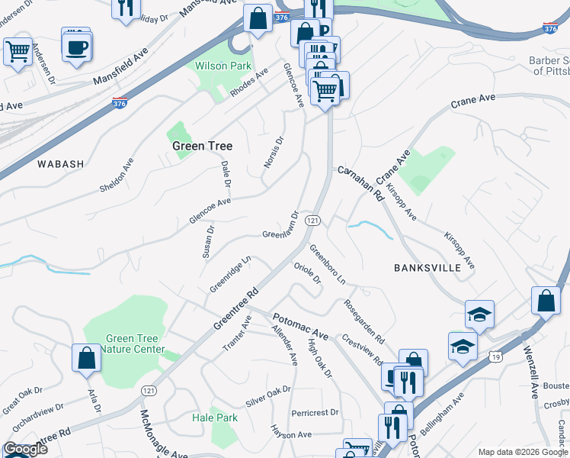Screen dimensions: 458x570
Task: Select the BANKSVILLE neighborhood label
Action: click(427, 268)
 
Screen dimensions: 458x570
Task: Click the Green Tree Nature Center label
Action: click(135, 344)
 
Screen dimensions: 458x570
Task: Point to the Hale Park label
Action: click(215, 418)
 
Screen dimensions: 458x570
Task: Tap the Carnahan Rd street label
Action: click(360, 184)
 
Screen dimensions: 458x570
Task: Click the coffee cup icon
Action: click(77, 48)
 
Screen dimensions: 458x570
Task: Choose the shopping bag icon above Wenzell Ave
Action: click(546, 300)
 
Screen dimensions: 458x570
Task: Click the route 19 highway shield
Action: click(495, 356)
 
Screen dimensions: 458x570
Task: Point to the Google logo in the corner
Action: click(24, 449)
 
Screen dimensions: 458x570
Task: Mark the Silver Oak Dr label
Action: click(268, 396)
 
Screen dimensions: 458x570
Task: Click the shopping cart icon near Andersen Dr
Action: click(18, 52)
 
